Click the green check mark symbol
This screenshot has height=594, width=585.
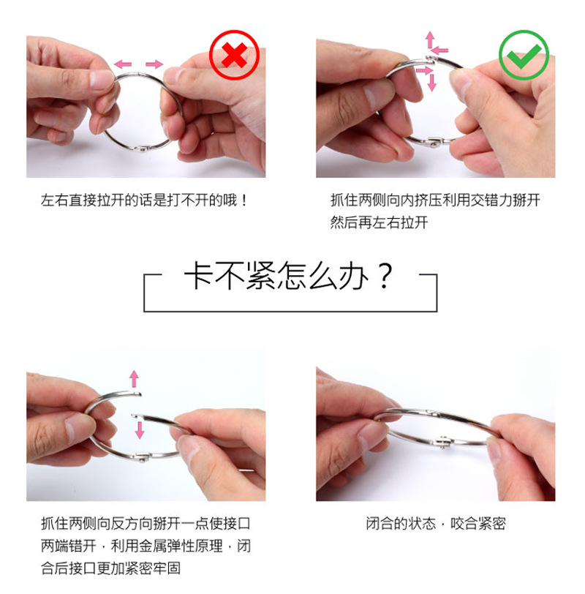click(524, 54)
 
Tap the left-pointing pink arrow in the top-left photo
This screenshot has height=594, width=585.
click(122, 64)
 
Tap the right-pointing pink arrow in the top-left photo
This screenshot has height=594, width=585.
click(154, 64)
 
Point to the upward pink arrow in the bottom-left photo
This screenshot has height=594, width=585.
click(134, 378)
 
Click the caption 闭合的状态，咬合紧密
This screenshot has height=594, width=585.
click(436, 524)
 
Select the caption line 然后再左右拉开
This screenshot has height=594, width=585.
click(379, 222)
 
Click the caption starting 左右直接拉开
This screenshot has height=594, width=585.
click(145, 199)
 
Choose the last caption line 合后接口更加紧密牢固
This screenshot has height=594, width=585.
click(111, 568)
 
